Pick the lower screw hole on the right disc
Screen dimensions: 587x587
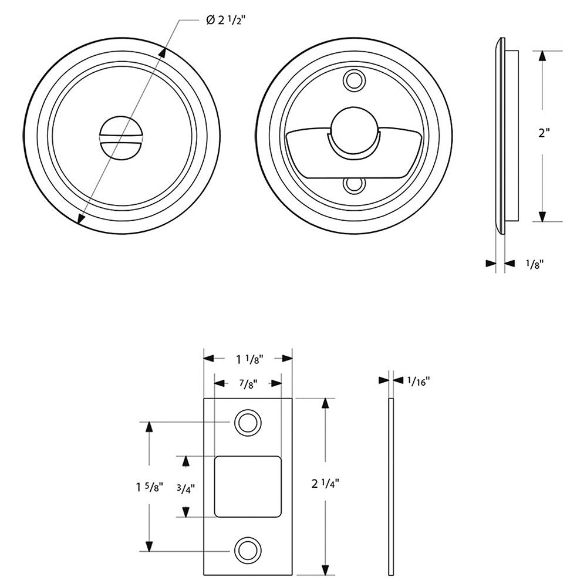point(354,185)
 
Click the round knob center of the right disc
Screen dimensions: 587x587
point(353,129)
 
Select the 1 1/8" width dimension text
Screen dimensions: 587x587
point(248,358)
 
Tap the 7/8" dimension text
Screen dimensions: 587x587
point(248,384)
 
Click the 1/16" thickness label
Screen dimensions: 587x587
point(419,381)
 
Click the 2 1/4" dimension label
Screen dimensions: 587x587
point(325,484)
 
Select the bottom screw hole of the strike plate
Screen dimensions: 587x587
point(247,551)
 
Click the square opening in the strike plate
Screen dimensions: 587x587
point(247,487)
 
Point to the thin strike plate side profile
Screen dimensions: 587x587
point(392,487)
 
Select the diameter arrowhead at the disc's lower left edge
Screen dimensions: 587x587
point(82,219)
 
